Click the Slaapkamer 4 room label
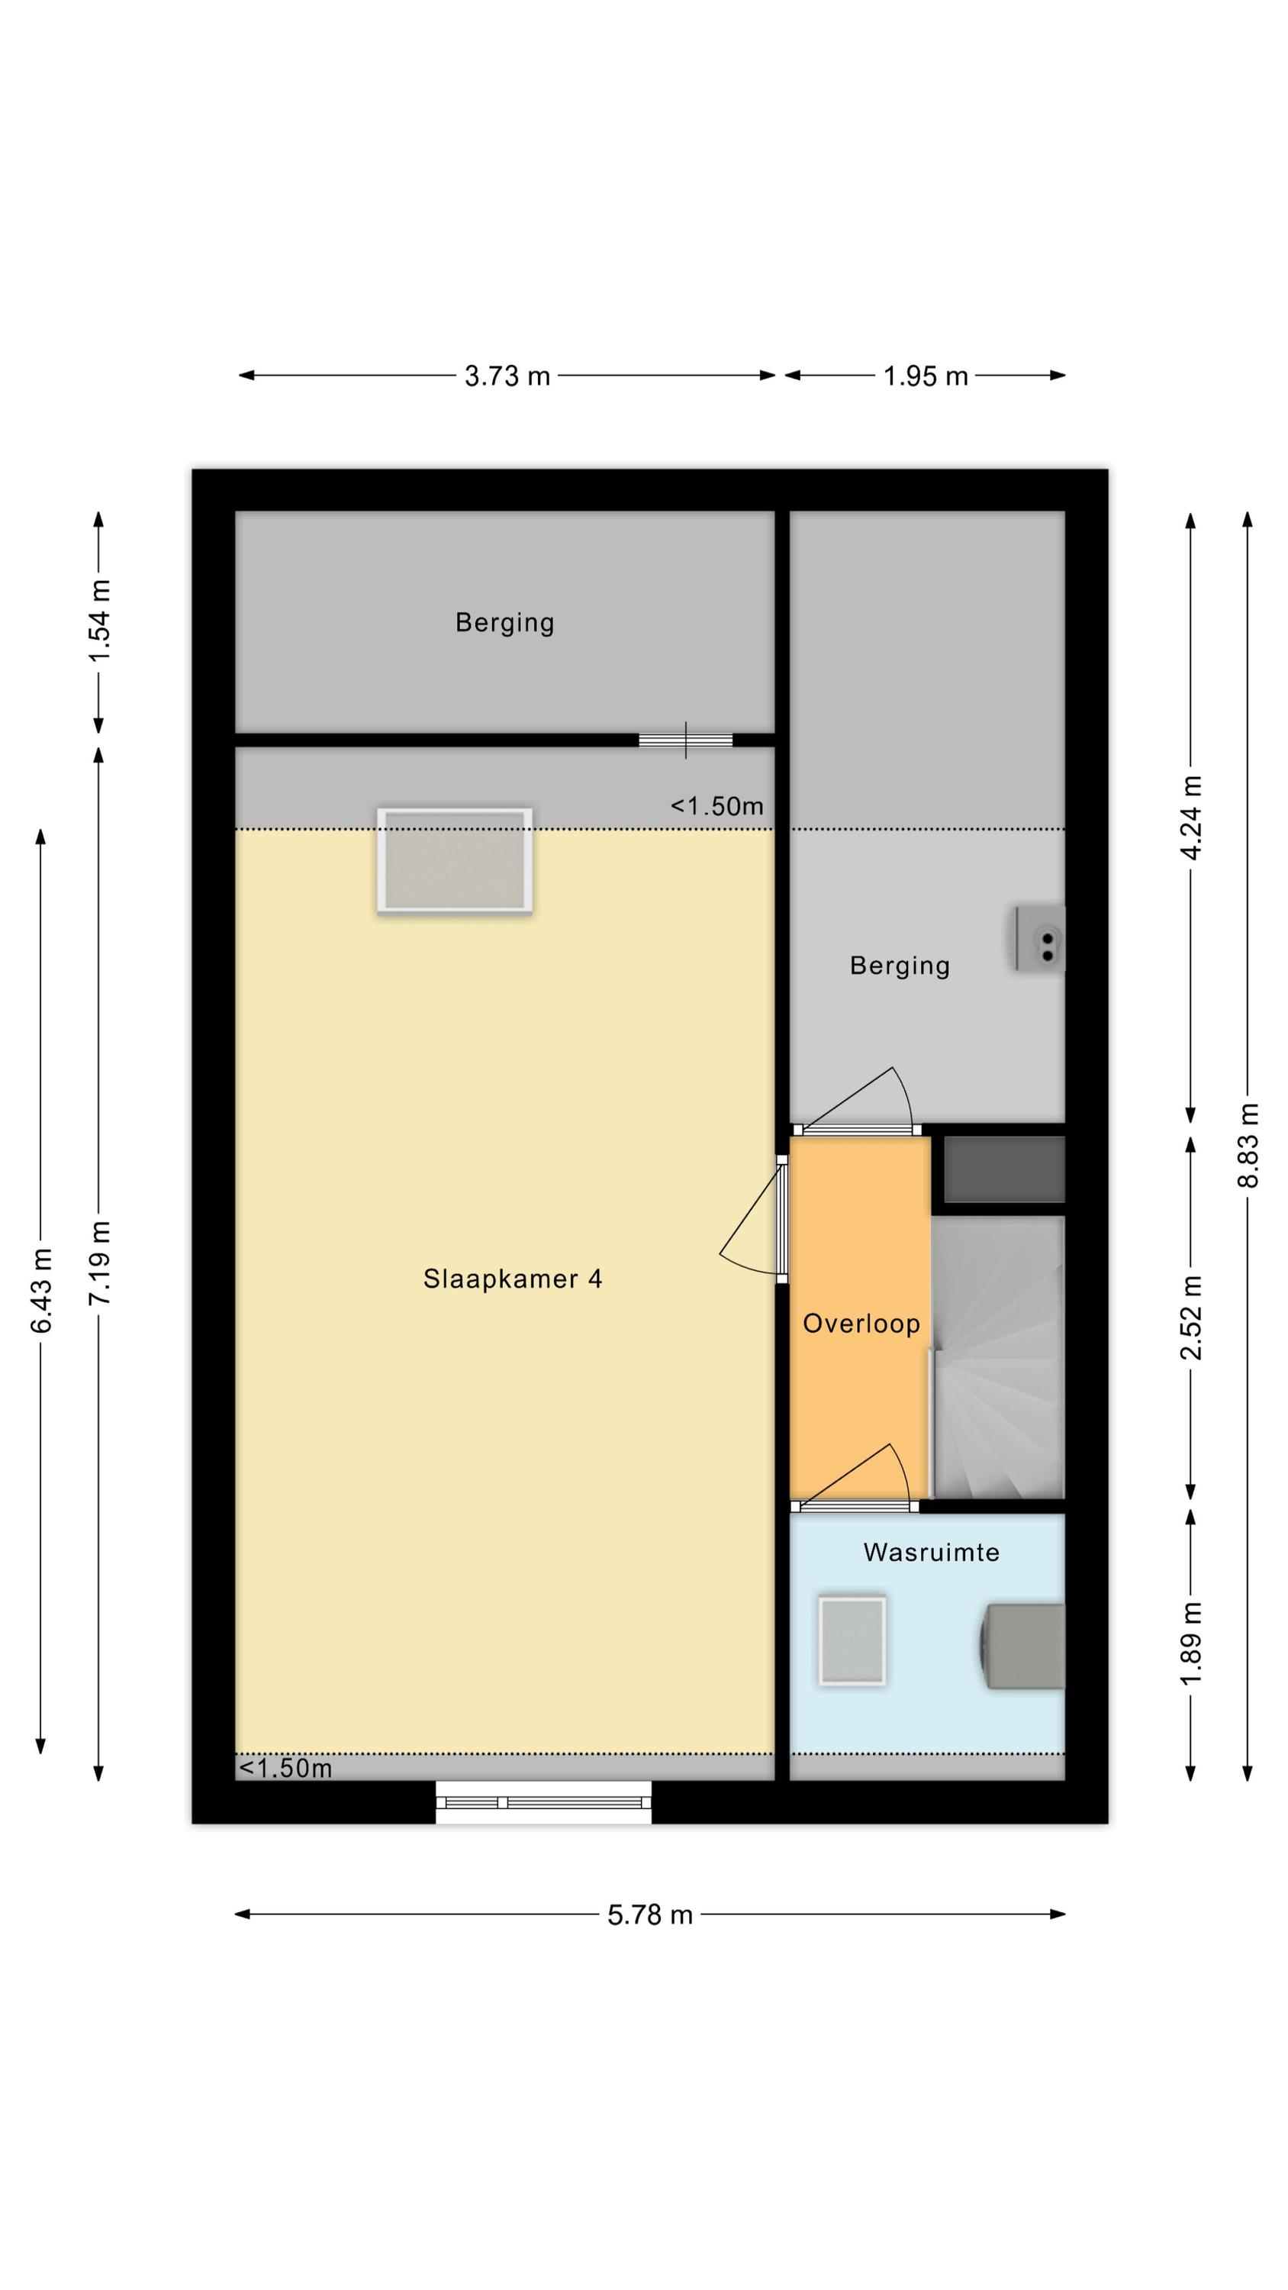(512, 1279)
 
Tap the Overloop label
(861, 1324)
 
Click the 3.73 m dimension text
(507, 376)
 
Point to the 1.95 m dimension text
(926, 376)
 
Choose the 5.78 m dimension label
(650, 1914)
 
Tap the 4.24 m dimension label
(1191, 817)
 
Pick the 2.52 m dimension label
(1191, 1318)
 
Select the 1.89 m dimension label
(1191, 1642)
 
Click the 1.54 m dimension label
(98, 620)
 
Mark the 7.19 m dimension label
(98, 1263)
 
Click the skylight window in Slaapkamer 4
(454, 860)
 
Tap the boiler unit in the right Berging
(1041, 939)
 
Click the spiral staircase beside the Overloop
(997, 1356)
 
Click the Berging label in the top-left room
(505, 622)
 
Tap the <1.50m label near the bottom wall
(285, 1767)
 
